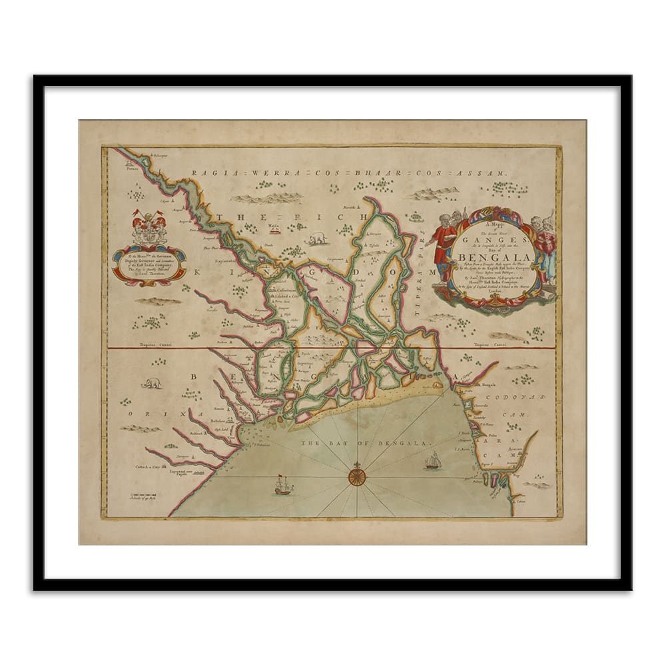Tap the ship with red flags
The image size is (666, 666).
click(284, 486)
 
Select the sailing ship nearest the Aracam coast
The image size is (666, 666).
click(434, 460)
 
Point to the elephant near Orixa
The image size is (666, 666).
click(151, 383)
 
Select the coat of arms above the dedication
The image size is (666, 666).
click(149, 227)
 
